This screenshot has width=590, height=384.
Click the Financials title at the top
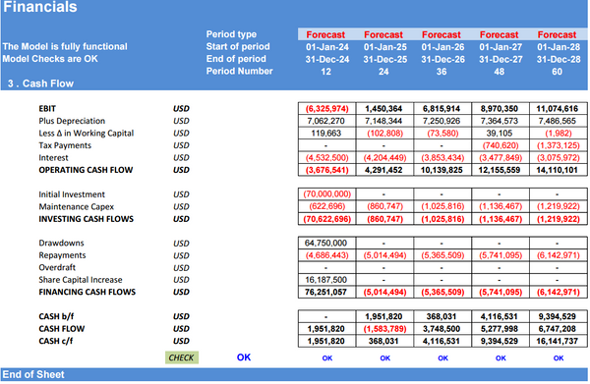(40, 9)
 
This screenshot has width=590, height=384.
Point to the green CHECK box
(182, 357)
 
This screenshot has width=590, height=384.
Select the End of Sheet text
(31, 375)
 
